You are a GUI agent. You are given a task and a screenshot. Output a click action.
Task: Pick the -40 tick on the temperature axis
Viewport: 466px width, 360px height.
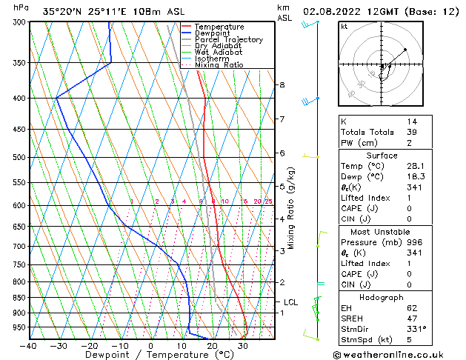coord(28,346)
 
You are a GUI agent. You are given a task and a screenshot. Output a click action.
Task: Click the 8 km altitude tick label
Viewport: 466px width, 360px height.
coord(282,85)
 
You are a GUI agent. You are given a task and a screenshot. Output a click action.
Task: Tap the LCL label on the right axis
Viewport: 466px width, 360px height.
coord(290,302)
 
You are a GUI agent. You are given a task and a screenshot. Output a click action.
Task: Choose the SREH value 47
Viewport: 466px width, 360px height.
coord(412,319)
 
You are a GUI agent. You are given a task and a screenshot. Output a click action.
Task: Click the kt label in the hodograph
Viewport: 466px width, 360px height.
coord(344,26)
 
